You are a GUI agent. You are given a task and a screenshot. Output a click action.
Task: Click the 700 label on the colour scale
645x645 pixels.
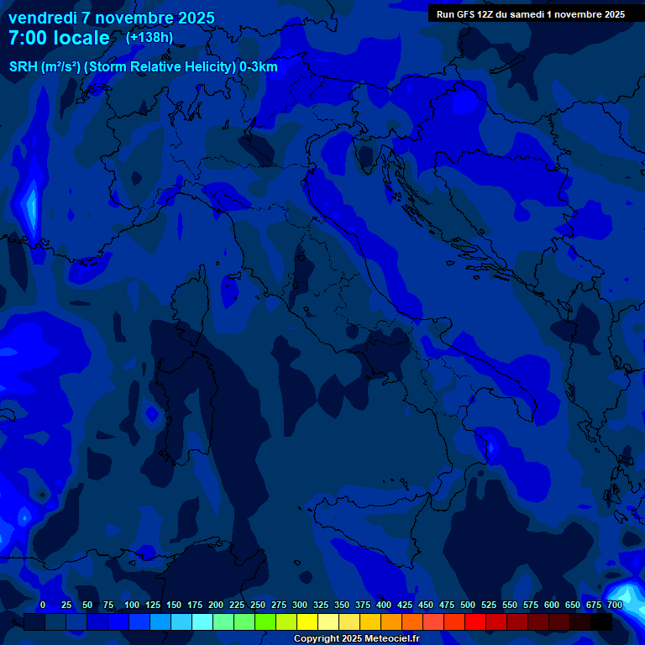614,605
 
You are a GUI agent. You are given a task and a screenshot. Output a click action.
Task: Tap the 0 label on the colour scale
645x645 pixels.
42,605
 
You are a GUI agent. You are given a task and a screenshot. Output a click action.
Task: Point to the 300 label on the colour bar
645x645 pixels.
299,605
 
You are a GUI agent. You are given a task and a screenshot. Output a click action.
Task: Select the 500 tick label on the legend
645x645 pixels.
468,605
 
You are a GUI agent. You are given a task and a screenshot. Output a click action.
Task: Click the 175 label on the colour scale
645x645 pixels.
194,605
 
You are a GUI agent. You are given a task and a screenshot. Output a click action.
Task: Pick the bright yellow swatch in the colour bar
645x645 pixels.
307,621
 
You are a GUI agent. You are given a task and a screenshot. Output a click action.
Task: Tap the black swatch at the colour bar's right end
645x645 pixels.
601,621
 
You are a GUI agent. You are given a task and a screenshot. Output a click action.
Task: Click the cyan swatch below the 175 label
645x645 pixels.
202,621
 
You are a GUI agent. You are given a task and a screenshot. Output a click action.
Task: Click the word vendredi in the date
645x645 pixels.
43,18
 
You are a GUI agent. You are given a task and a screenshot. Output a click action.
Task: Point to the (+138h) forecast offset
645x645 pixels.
149,38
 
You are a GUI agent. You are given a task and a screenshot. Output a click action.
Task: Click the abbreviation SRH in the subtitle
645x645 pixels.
24,67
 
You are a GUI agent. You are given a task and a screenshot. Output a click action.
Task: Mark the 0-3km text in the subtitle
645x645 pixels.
259,67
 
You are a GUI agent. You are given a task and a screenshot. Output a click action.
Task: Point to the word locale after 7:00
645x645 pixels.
81,39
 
